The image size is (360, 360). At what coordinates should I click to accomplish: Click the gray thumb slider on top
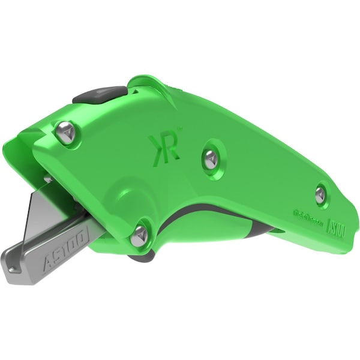99,95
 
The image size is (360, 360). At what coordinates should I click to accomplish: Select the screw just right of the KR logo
209,158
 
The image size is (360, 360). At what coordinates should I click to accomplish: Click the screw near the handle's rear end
320,192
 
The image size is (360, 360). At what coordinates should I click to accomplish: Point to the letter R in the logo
170,148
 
